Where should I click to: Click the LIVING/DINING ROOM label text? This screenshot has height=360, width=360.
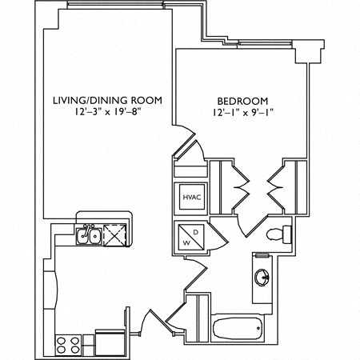coord(107,101)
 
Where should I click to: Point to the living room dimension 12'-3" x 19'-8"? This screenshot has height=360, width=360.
coord(107,113)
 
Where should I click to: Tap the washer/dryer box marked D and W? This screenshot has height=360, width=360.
coord(191,235)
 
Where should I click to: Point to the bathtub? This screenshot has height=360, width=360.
coord(238,328)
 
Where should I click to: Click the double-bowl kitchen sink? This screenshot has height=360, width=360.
coord(87,234)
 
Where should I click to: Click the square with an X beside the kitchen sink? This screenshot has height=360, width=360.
coord(115,234)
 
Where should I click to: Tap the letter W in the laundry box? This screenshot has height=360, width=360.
coord(185,240)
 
